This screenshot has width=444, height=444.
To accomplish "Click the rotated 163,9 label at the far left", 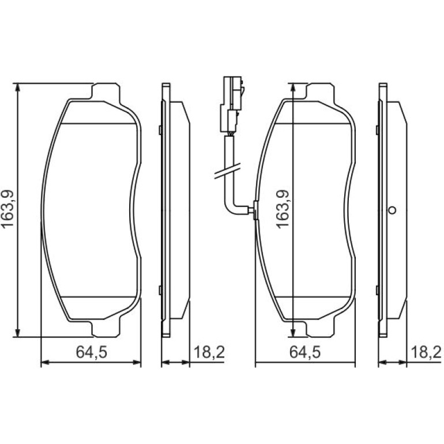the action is [x=7, y=209].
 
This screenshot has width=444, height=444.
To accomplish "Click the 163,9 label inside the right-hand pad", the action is [x=283, y=209].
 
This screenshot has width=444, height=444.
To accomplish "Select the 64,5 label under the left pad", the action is [x=92, y=352].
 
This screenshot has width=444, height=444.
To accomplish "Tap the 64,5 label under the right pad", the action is [x=305, y=352].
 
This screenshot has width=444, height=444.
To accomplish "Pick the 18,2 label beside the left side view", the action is [x=209, y=352].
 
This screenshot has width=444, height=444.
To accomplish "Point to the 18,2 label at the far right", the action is [x=426, y=352].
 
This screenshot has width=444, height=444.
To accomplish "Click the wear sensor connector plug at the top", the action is [x=232, y=104].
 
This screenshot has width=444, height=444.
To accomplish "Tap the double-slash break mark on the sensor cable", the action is [x=227, y=171].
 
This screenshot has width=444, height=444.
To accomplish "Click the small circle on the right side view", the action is [x=392, y=210].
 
